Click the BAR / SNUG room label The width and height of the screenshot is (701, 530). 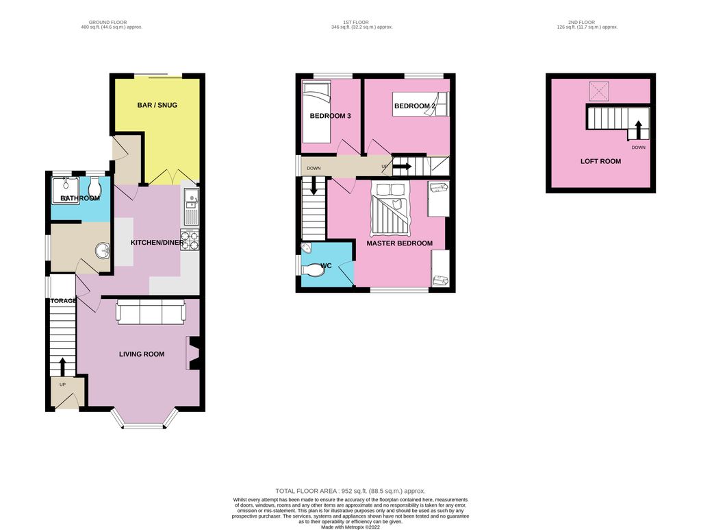pyautogui.click(x=158, y=105)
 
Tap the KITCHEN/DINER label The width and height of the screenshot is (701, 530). pyautogui.click(x=154, y=243)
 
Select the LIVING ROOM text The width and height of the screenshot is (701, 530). pyautogui.click(x=142, y=354)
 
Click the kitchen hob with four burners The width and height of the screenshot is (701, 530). pyautogui.click(x=190, y=240)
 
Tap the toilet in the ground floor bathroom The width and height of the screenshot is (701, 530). pyautogui.click(x=94, y=186)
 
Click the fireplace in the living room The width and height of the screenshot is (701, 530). pyautogui.click(x=193, y=354)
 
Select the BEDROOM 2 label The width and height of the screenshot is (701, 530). pyautogui.click(x=414, y=106)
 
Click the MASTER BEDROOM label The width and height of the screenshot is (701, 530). pyautogui.click(x=399, y=243)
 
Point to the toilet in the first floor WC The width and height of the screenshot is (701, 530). pyautogui.click(x=315, y=270)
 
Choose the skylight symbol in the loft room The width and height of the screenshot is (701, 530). pyautogui.click(x=600, y=91)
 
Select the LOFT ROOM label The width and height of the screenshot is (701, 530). pyautogui.click(x=600, y=161)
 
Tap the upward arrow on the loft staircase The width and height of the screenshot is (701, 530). pyautogui.click(x=638, y=129)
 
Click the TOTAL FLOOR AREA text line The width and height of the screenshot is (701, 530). pyautogui.click(x=350, y=491)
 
